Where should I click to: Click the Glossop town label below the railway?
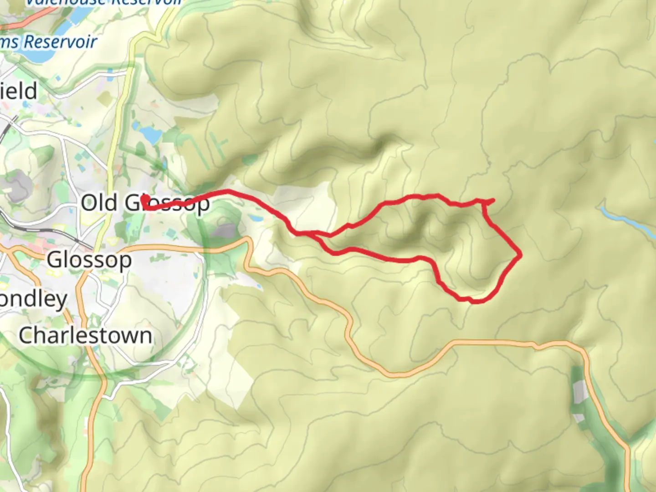pos(89,261)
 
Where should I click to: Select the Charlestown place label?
pos(86,336)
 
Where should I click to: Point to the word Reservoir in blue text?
pos(60,42)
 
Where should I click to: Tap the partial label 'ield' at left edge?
pos(18,92)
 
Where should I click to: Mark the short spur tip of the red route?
pos(493,200)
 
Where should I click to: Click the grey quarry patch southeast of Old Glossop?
pos(224,231)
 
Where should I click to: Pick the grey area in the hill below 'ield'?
pos(16,186)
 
